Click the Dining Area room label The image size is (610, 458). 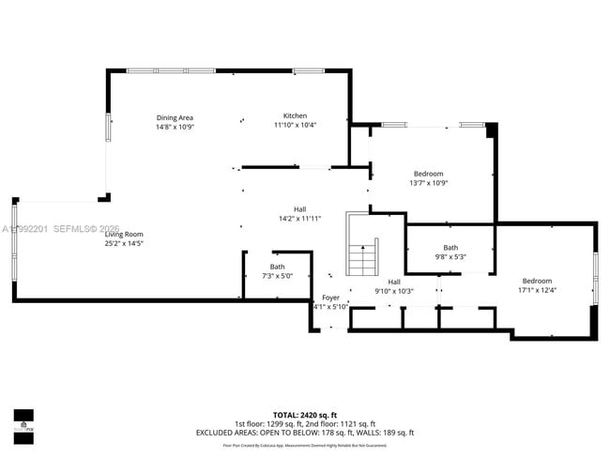[175, 117]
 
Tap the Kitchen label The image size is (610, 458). [296, 115]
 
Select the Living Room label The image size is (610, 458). [124, 234]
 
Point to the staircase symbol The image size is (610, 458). [362, 257]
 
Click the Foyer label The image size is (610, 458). [330, 298]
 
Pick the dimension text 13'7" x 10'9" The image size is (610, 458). [429, 183]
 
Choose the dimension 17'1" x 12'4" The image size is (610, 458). [538, 290]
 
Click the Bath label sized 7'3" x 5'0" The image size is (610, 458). [278, 267]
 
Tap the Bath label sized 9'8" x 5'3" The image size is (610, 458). [450, 248]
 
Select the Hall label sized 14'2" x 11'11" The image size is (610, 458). [300, 209]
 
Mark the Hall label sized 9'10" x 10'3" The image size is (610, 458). [394, 282]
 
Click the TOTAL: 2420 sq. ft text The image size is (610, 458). [305, 414]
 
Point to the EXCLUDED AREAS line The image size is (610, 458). [305, 433]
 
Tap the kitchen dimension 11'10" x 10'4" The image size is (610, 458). [296, 125]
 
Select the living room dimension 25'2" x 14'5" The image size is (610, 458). [124, 243]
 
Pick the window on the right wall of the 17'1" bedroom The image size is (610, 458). [595, 278]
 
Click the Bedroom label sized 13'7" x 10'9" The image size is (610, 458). [429, 174]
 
